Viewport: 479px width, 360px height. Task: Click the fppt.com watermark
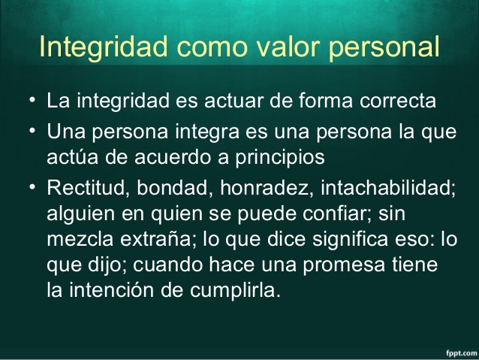[x=458, y=351]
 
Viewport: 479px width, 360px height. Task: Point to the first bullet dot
[x=31, y=99]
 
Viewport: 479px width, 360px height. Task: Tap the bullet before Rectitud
[x=31, y=186]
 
